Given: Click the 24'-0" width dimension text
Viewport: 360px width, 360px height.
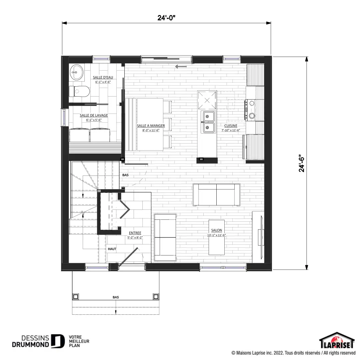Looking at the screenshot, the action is click(x=166, y=18).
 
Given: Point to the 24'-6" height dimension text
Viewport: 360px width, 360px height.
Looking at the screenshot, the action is click(x=301, y=164).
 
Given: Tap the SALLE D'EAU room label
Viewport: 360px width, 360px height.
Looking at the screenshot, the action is click(x=103, y=77).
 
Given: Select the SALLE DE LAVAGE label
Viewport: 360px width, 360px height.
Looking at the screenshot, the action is click(x=94, y=115).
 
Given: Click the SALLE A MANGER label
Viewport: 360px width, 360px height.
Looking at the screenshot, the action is click(x=151, y=126).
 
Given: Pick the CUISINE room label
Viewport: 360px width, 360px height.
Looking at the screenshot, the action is click(x=231, y=126).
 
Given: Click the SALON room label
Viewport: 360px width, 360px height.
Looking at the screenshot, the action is click(x=216, y=230).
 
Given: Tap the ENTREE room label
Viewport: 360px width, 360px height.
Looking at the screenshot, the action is click(x=135, y=233).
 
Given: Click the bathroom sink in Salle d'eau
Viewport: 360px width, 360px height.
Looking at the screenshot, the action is click(x=77, y=72).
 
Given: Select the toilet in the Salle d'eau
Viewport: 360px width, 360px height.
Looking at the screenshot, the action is click(x=79, y=91).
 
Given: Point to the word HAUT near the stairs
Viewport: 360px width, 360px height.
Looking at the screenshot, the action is click(x=112, y=249).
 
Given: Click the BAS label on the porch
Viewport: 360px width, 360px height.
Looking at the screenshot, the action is click(x=116, y=297).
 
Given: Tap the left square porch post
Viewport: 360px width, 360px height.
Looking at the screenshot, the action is click(x=75, y=297).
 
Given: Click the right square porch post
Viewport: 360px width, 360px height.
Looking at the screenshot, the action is click(x=156, y=297).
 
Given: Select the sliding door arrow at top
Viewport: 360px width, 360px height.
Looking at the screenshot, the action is click(x=181, y=67).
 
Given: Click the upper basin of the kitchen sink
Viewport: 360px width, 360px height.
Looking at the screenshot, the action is click(x=207, y=117).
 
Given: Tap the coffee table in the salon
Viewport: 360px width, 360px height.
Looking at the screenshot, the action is click(x=216, y=237).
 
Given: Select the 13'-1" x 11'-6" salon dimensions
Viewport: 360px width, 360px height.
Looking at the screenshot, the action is click(x=216, y=235).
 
